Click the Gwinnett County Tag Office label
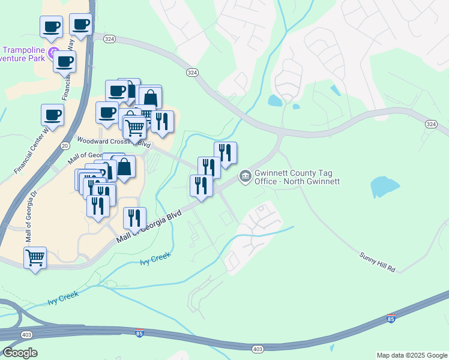(297, 177)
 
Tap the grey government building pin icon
(245, 176)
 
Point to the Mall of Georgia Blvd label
(148, 228)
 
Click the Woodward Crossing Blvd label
(113, 142)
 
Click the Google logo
(20, 353)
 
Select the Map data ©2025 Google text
(412, 355)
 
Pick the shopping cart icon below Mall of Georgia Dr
(35, 257)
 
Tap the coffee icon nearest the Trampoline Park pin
(64, 61)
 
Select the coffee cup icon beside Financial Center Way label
(52, 114)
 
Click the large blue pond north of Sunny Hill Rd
(384, 187)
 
